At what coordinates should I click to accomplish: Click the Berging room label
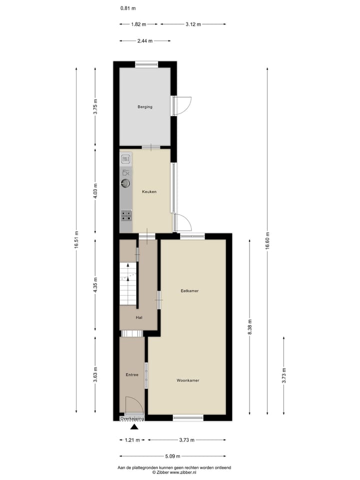[145, 106]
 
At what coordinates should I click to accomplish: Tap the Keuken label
[149, 191]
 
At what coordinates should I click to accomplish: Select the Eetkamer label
[190, 290]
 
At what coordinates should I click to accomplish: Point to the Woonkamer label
[188, 380]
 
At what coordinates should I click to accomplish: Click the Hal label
[139, 317]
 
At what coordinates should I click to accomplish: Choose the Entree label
[132, 374]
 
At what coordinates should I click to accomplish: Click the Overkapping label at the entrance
[132, 418]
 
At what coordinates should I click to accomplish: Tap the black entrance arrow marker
[134, 426]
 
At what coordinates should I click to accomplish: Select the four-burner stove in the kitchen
[126, 215]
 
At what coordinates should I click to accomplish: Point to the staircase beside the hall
[128, 285]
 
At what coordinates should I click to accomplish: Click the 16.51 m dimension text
[76, 240]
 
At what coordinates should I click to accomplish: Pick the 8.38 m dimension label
[249, 327]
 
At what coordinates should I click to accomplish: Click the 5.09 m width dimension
[172, 456]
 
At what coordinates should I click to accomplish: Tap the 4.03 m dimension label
[95, 191]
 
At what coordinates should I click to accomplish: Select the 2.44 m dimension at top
[145, 40]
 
